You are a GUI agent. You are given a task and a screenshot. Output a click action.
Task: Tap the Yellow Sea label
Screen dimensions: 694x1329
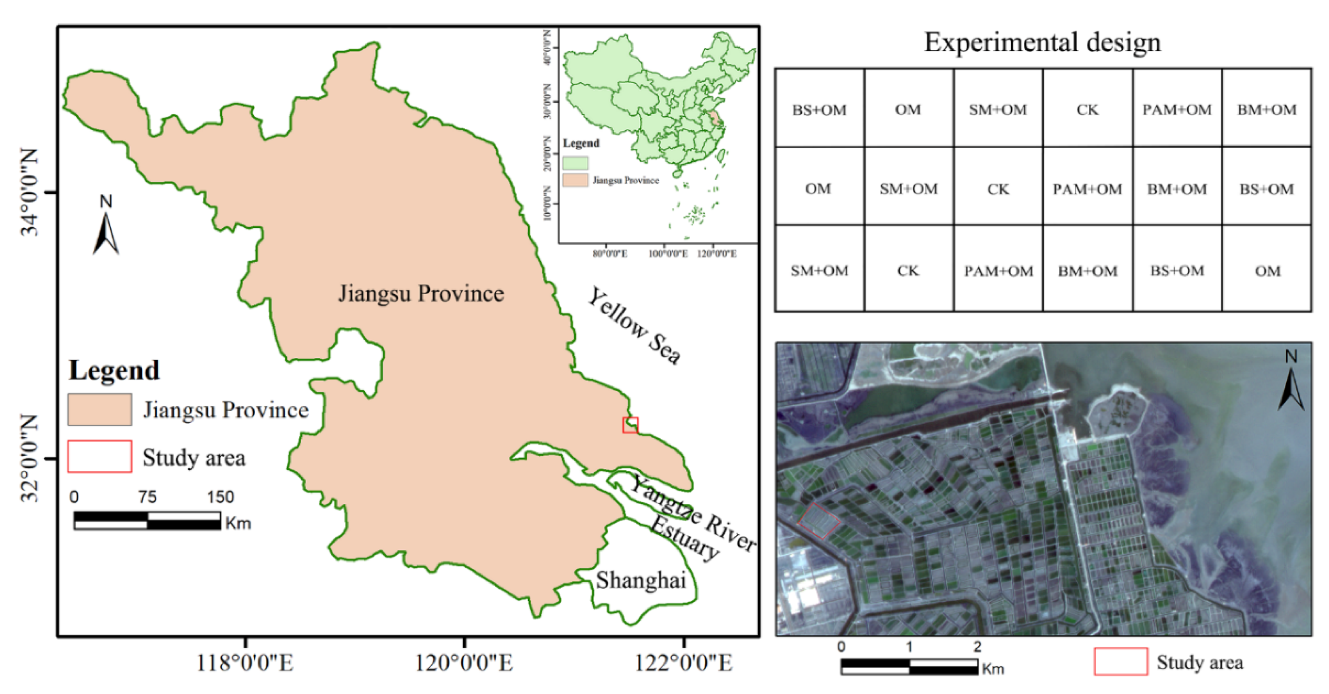tap(635, 326)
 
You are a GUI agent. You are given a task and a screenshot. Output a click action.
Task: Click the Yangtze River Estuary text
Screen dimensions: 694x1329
tap(691, 521)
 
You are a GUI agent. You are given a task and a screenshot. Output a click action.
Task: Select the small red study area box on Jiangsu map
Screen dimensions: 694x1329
tap(630, 425)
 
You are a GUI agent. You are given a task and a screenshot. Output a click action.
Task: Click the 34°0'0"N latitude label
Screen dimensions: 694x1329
tap(30, 192)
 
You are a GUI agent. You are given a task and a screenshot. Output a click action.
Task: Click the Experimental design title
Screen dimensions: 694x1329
tap(1042, 42)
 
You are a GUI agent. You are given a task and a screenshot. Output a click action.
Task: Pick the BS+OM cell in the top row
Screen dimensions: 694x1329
tap(819, 110)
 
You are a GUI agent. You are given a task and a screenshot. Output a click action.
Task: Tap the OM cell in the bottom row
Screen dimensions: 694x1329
tap(1267, 271)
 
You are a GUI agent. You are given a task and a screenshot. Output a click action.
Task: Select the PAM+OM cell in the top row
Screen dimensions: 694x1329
tap(1177, 110)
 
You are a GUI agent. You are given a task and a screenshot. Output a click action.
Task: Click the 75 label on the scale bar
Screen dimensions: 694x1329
tap(147, 497)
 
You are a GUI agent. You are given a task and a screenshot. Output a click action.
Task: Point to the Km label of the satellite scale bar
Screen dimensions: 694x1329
tap(992, 669)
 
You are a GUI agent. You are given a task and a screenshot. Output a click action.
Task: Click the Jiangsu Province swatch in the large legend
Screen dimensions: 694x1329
tap(100, 410)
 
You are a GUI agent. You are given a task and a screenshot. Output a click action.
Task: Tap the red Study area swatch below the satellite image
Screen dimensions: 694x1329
tap(1120, 662)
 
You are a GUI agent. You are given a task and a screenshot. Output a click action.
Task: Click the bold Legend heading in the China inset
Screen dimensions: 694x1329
tap(581, 143)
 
